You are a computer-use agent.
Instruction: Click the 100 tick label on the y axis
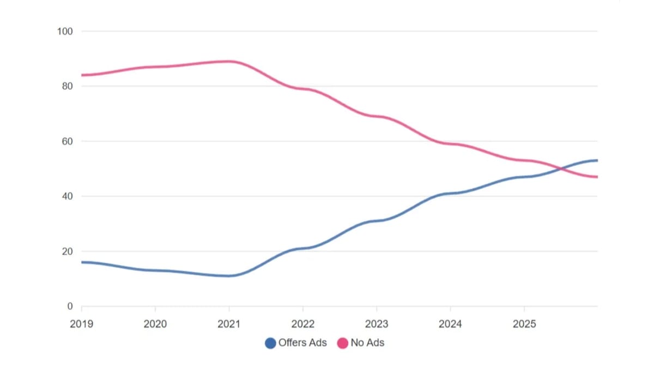pyautogui.click(x=65, y=31)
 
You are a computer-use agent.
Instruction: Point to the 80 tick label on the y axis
pyautogui.click(x=67, y=86)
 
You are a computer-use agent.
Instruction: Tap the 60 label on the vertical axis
pyautogui.click(x=67, y=141)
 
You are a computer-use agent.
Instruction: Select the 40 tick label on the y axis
pyautogui.click(x=67, y=196)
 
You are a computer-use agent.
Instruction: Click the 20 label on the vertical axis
pyautogui.click(x=67, y=251)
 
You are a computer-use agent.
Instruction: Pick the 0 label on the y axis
pyautogui.click(x=70, y=306)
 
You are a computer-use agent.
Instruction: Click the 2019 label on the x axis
pyautogui.click(x=82, y=324)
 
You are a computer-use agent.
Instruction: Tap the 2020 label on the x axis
pyautogui.click(x=155, y=324)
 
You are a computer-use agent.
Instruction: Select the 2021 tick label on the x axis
pyautogui.click(x=229, y=324)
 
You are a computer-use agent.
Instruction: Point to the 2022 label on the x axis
pyautogui.click(x=303, y=324)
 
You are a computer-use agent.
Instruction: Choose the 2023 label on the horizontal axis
pyautogui.click(x=377, y=324)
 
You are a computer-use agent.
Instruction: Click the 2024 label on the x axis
pyautogui.click(x=450, y=324)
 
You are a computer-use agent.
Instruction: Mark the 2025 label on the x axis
pyautogui.click(x=524, y=324)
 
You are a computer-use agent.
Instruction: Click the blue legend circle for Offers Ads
pyautogui.click(x=270, y=343)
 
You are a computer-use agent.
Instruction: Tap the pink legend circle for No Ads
pyautogui.click(x=343, y=343)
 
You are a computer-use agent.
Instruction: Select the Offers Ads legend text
pyautogui.click(x=302, y=343)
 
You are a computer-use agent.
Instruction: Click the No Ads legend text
pyautogui.click(x=367, y=343)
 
